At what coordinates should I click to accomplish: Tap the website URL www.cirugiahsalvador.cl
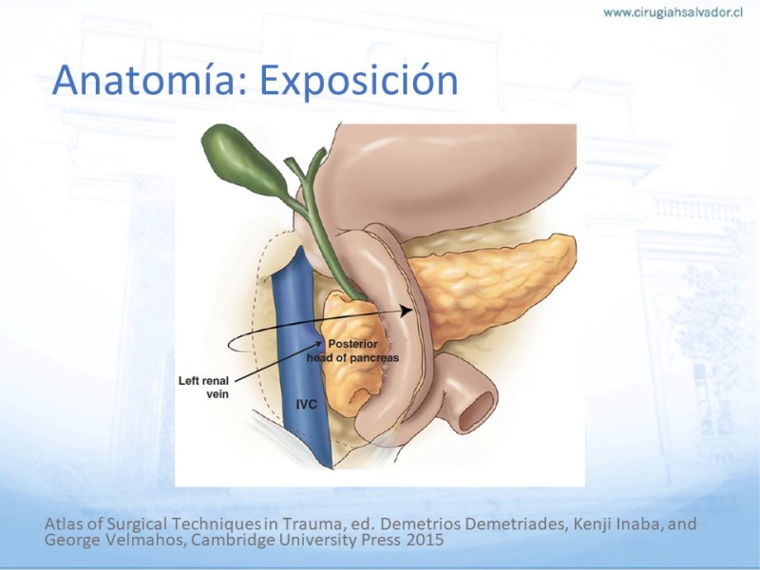674,12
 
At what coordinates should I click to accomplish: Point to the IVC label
306,405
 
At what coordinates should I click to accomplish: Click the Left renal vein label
204,388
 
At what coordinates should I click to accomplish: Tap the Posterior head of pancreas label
352,351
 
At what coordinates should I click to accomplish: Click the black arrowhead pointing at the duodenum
407,311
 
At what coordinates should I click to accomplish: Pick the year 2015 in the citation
425,540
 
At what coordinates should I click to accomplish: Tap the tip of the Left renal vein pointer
322,342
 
